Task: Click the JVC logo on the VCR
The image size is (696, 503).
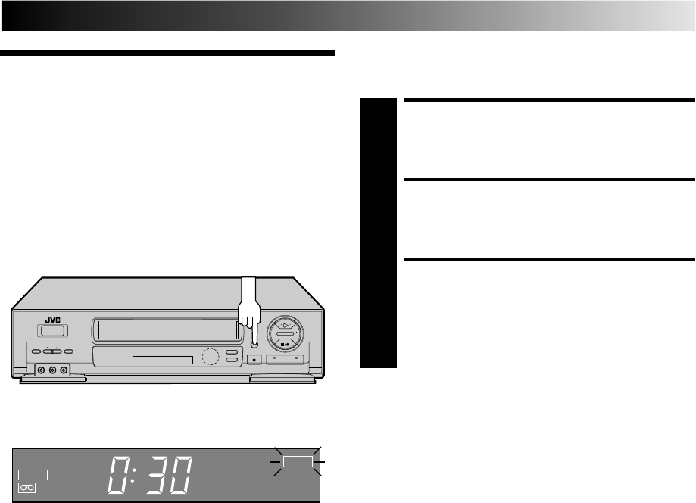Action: (49, 320)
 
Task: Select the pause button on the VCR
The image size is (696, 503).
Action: (256, 359)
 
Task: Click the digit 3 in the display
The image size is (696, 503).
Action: (148, 475)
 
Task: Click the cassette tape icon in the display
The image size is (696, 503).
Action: (27, 489)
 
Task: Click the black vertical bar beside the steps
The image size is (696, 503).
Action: (379, 233)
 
